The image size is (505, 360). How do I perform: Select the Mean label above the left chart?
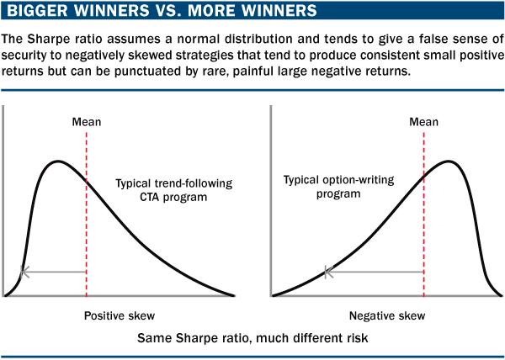(x=87, y=122)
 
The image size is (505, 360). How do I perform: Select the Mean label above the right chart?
(x=423, y=122)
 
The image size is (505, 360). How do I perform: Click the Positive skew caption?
(x=120, y=315)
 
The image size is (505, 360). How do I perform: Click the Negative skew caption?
(x=387, y=315)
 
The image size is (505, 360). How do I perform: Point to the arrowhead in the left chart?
(x=24, y=272)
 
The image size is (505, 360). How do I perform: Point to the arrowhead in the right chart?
(x=328, y=273)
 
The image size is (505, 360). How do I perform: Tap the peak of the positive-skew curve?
(x=58, y=161)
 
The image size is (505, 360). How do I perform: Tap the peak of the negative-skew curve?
(x=449, y=161)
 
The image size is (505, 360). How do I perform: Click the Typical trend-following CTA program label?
(x=174, y=190)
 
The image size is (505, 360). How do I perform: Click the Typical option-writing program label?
(x=339, y=187)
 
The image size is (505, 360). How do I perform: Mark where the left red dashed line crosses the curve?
(x=87, y=182)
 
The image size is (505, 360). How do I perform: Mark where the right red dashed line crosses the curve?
(x=424, y=177)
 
